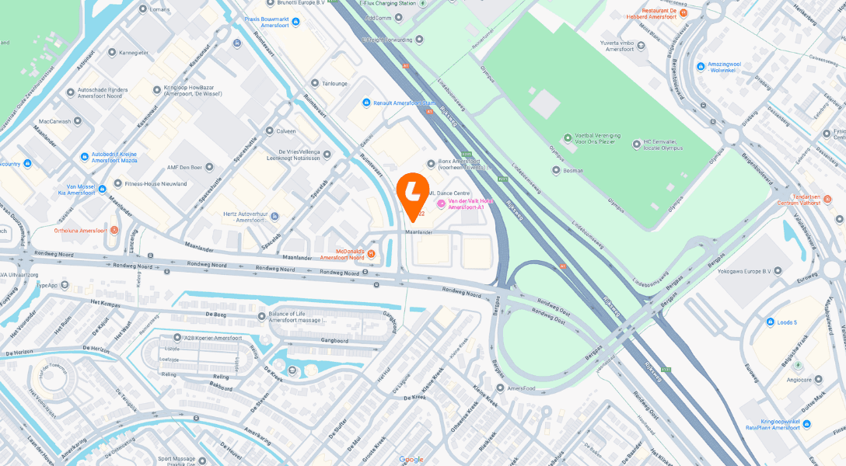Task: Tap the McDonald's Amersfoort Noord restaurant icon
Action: click(x=371, y=253)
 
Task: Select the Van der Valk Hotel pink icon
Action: click(x=441, y=203)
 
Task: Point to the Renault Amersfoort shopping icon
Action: click(x=366, y=103)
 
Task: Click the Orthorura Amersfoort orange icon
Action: click(x=114, y=230)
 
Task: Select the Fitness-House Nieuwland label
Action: click(x=156, y=184)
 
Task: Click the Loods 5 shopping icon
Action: click(x=769, y=322)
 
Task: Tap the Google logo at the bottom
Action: click(x=411, y=459)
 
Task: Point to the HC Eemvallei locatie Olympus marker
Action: click(x=636, y=142)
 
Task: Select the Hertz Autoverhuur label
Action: click(x=234, y=217)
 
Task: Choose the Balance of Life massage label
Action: click(x=300, y=317)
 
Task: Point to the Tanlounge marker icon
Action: click(x=315, y=83)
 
